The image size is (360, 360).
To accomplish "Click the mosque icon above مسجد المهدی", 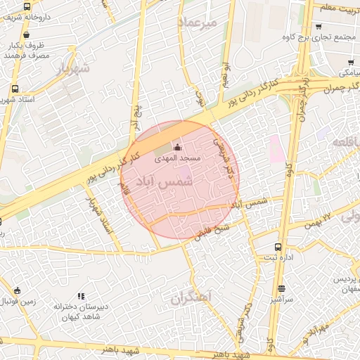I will pyautogui.click(x=177, y=148).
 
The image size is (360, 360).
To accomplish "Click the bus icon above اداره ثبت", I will pyautogui.click(x=278, y=247).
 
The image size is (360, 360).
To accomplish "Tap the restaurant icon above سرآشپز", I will pyautogui.click(x=282, y=288).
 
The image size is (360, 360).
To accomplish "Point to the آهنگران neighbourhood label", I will pyautogui.click(x=191, y=298).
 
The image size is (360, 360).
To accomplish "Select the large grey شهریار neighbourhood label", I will pyautogui.click(x=72, y=69).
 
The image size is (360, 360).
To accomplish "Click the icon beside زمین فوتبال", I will pyautogui.click(x=17, y=290).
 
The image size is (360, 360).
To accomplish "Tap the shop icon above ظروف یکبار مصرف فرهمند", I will pyautogui.click(x=27, y=34).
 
